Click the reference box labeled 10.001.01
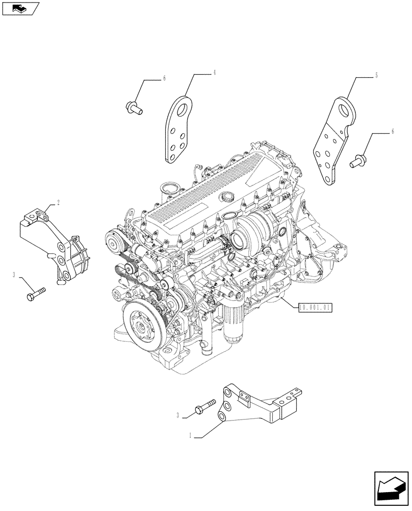315,307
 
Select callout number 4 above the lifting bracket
215,74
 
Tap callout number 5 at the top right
376,76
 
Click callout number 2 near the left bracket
59,203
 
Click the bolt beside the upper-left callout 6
133,107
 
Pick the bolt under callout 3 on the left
35,295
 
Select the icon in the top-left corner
20,8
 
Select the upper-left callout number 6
165,78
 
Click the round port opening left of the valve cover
169,189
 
